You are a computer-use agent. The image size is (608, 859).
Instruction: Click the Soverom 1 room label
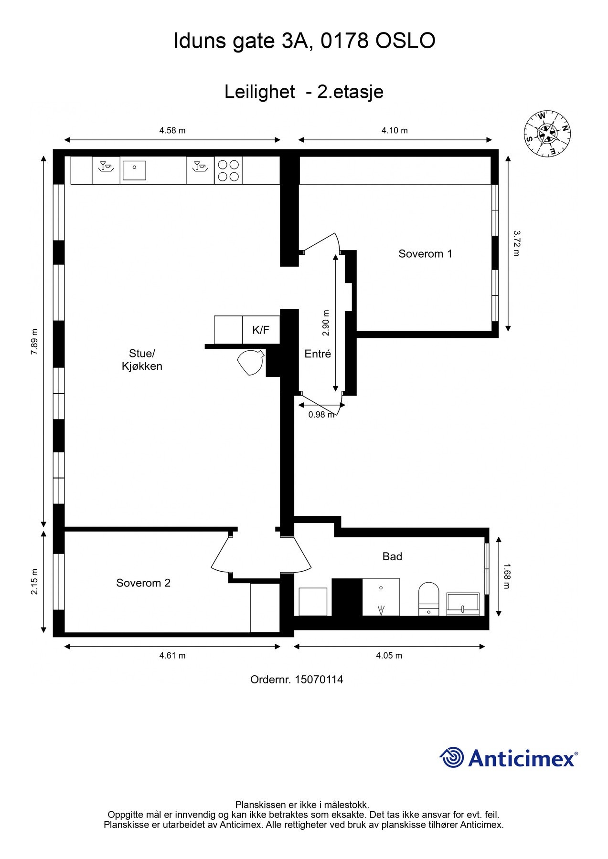[x=425, y=254]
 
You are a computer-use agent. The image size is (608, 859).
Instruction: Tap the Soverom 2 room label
[x=143, y=583]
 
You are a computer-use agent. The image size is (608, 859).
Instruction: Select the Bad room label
[x=392, y=556]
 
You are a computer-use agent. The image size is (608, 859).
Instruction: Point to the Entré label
[x=318, y=354]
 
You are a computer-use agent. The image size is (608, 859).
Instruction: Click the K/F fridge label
[x=261, y=330]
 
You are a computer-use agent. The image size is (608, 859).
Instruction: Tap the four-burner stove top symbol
[x=228, y=170]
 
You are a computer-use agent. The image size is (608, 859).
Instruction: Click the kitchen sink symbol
[x=134, y=170]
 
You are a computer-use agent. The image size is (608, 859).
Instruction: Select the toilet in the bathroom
[x=428, y=599]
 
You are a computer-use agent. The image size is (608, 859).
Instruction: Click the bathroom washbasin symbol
[x=463, y=604]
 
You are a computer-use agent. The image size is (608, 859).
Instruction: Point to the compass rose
[x=547, y=133]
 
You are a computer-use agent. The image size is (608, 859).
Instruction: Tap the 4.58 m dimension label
[x=172, y=130]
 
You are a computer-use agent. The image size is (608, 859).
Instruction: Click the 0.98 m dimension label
[x=321, y=415]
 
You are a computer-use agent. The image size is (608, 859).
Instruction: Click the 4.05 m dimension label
[x=389, y=655]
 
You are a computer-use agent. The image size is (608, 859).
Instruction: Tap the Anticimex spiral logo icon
[x=452, y=757]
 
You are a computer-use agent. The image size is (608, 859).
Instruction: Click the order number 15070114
[x=319, y=680]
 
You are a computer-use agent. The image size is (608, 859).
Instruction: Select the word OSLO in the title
[x=405, y=41]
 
